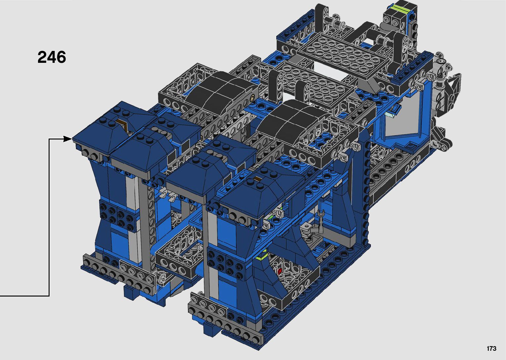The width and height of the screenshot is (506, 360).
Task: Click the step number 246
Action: click(x=52, y=57)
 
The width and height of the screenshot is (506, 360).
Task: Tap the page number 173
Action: click(x=491, y=348)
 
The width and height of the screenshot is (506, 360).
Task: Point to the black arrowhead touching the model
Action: click(x=67, y=139)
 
